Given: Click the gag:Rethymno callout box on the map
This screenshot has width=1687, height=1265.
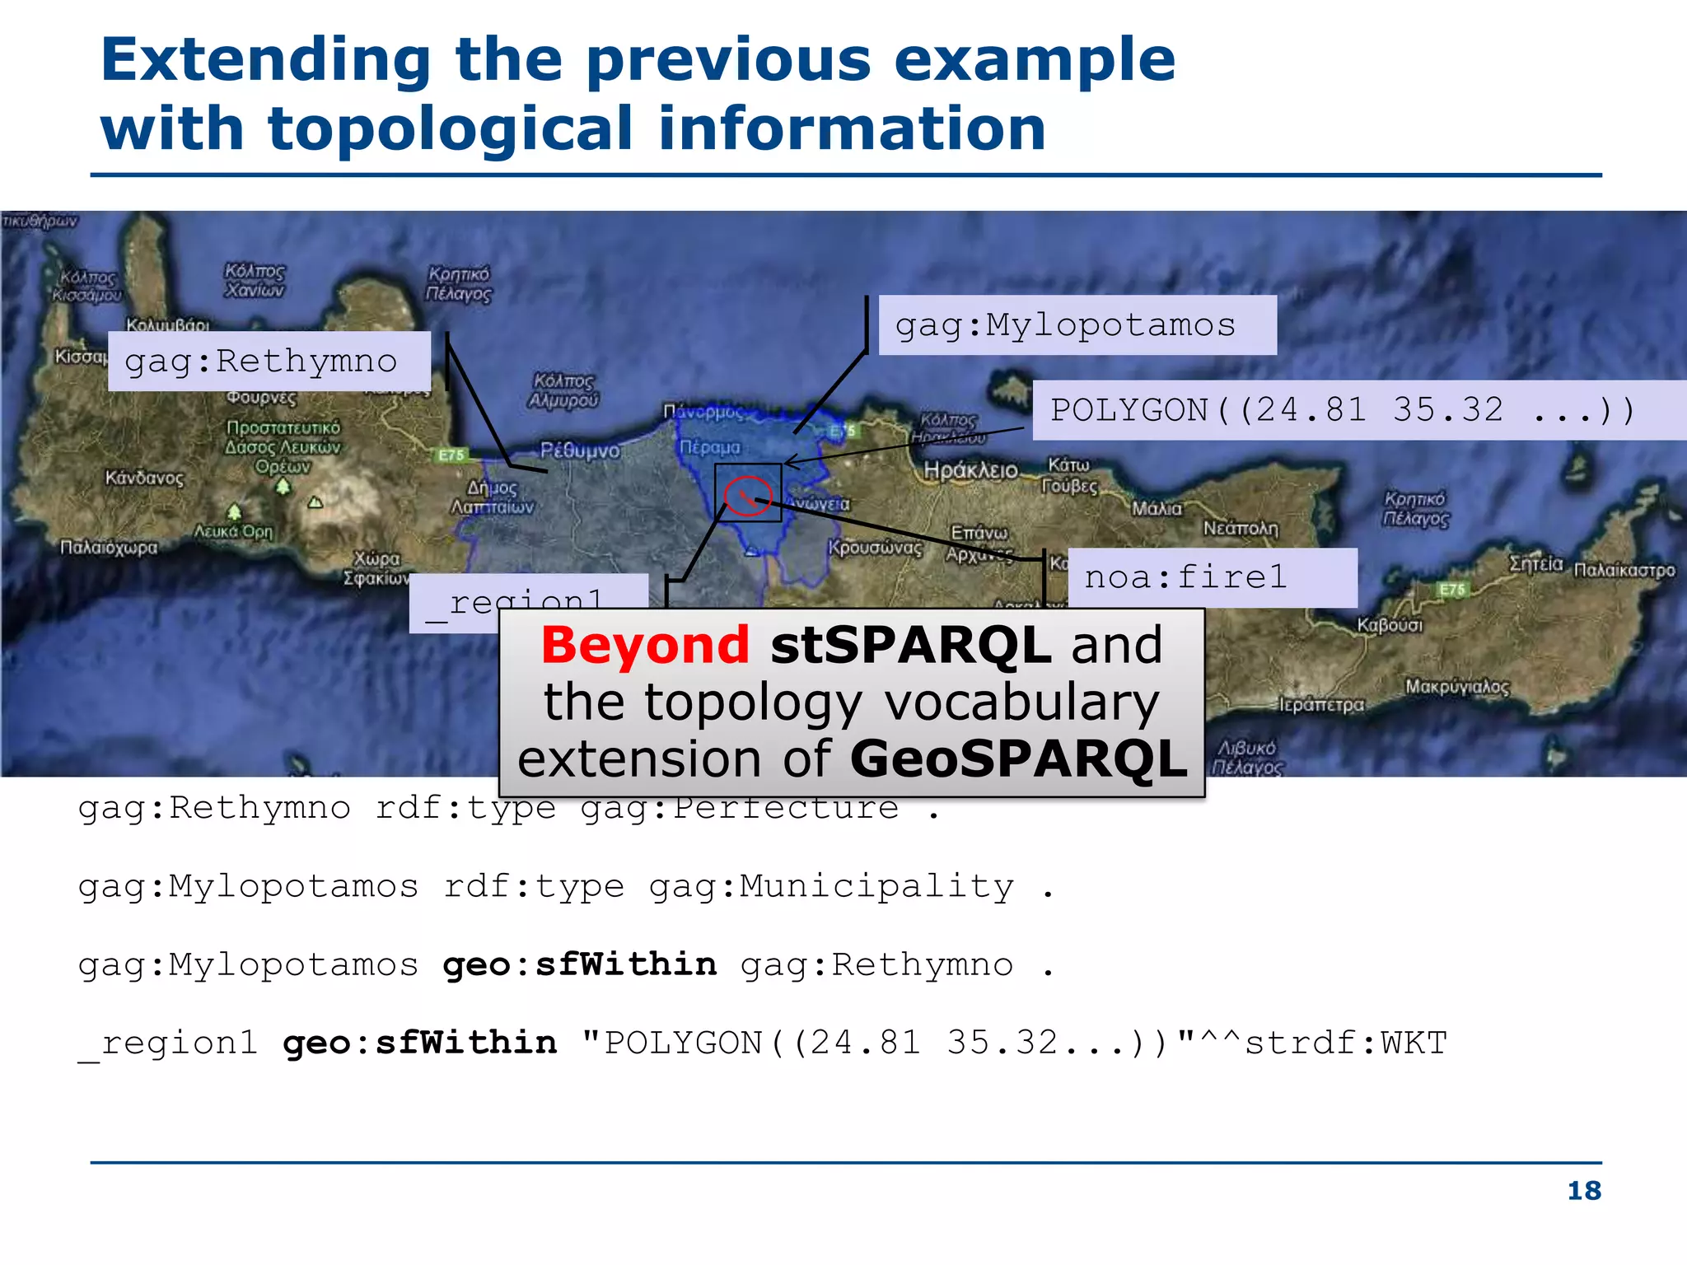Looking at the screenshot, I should click(x=269, y=362).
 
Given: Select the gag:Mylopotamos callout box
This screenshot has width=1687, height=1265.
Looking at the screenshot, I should click(x=1077, y=325).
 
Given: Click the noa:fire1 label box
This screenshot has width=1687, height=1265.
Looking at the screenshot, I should click(x=1212, y=577).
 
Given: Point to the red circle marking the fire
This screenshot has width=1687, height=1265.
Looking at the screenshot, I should click(x=747, y=495).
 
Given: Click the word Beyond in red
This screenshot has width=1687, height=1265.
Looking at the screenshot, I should click(x=645, y=645).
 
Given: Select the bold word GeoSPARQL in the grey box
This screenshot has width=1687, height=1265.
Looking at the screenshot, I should click(x=1018, y=759).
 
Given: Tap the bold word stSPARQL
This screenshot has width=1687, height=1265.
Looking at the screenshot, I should click(x=910, y=645).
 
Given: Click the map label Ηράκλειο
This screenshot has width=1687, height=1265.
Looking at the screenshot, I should click(x=970, y=470).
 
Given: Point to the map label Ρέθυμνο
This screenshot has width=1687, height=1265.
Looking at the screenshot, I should click(x=579, y=450).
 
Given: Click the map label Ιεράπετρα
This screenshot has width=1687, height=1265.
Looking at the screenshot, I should click(x=1320, y=705).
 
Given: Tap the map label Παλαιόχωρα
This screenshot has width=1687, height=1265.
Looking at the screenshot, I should click(x=108, y=547).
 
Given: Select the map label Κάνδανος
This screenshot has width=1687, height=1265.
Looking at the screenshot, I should click(x=144, y=478).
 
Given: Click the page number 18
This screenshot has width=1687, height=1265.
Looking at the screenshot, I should click(x=1583, y=1190).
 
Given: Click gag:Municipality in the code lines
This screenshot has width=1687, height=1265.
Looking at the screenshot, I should click(x=831, y=887).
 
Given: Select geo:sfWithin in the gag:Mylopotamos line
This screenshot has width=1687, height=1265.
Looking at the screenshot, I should click(x=579, y=964).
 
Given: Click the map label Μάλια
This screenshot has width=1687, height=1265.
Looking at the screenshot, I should click(x=1157, y=508).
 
